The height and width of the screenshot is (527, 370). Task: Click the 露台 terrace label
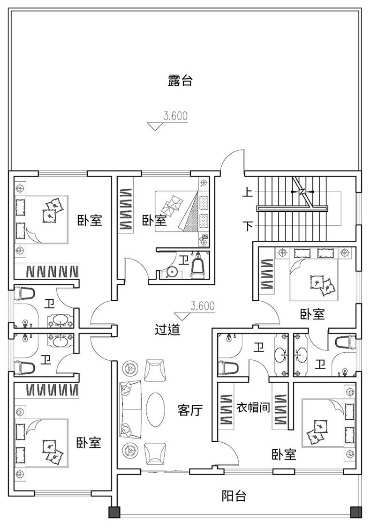tap(180, 81)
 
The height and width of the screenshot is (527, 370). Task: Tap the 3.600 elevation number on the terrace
tap(175, 116)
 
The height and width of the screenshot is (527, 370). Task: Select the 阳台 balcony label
tap(234, 496)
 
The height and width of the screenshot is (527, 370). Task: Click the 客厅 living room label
tap(190, 410)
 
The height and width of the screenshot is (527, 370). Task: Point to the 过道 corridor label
tap(167, 329)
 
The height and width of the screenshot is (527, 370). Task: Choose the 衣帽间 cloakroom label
tap(253, 408)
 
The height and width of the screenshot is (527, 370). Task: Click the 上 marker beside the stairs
tap(248, 192)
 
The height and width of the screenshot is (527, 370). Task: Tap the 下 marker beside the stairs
tap(248, 225)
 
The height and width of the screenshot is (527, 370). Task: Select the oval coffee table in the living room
tap(156, 409)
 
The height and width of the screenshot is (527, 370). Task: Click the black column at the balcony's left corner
tap(114, 512)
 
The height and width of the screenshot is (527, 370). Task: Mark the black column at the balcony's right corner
tap(356, 512)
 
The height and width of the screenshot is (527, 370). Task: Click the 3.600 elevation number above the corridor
tap(202, 306)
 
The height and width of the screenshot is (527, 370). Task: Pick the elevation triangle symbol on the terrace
tap(155, 126)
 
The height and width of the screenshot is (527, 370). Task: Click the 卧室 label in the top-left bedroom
tap(90, 220)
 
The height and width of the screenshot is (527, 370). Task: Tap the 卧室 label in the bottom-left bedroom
tap(89, 442)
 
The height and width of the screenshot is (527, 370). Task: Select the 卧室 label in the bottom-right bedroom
tap(284, 454)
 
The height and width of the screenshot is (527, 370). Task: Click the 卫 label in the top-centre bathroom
tap(184, 260)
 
